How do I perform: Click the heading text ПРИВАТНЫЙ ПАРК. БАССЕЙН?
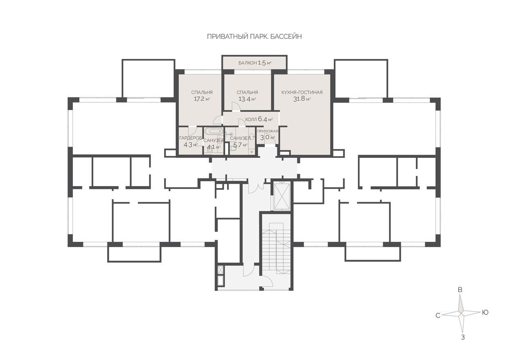coord(254,36)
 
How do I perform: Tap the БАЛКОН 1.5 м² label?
coord(255,63)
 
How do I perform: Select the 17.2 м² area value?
coord(202,99)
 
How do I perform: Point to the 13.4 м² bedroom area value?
coord(248,99)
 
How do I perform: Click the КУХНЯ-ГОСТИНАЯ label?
coord(302,92)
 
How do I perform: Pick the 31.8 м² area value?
coord(302,99)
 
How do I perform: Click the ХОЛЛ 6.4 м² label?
coord(259,119)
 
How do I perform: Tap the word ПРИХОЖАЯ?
coord(268,131)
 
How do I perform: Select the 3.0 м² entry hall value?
coord(268,137)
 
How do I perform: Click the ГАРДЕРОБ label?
coord(191,138)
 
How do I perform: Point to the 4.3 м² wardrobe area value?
coord(190,145)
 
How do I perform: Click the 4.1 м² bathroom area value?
coord(214,147)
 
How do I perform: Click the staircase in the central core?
coord(276,248)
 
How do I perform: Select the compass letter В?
coord(460,290)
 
